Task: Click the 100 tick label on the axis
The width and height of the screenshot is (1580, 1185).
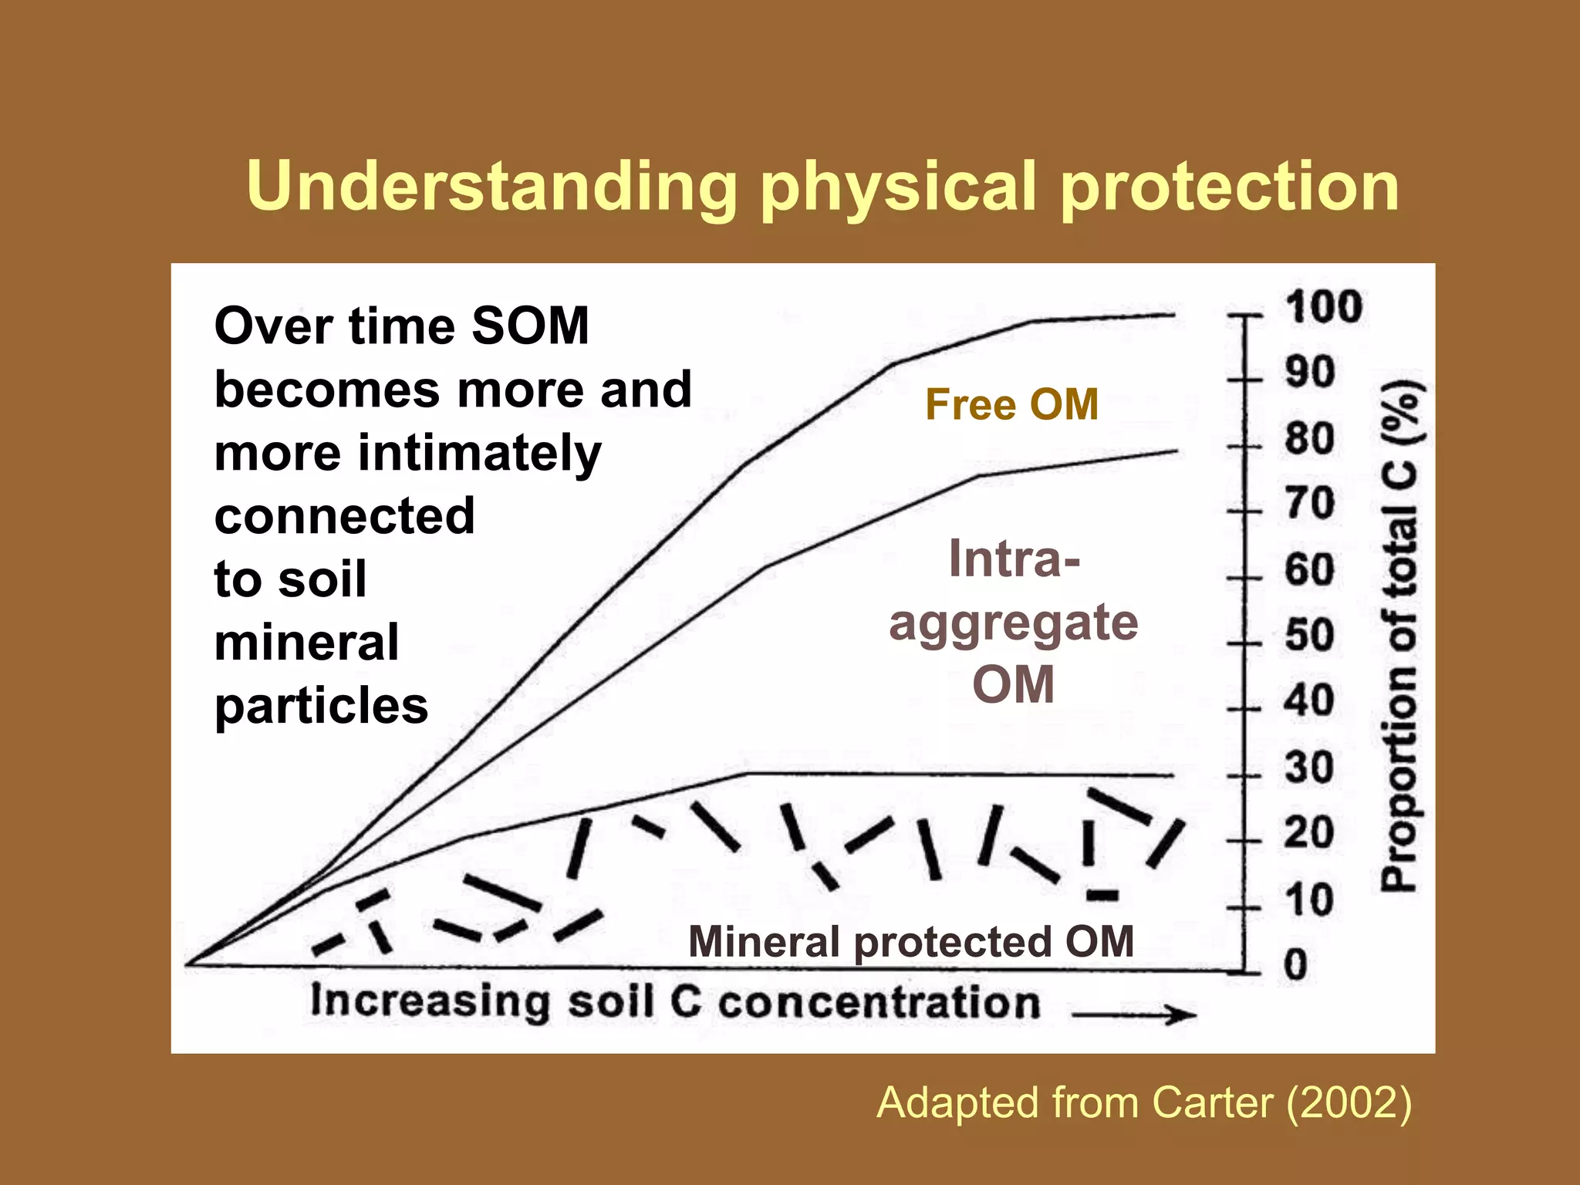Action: point(1323,307)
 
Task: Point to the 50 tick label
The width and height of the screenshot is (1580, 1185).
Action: point(1309,636)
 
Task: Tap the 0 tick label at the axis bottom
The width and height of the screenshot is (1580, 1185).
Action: point(1296,964)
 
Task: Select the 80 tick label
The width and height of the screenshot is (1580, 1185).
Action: point(1309,439)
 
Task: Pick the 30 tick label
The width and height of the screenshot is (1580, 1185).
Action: point(1309,768)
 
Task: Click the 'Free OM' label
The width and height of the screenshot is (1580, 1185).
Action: point(1011,405)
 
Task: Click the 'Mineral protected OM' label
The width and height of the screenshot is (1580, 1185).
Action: point(910,942)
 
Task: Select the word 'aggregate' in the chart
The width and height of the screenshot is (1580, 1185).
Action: point(1013,623)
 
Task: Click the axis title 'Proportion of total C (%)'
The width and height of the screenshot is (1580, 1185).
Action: point(1399,636)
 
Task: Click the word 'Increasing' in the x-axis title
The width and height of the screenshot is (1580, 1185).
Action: point(430,1001)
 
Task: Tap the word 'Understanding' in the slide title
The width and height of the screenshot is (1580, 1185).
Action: point(491,187)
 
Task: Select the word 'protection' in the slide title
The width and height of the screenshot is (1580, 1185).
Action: point(1229,187)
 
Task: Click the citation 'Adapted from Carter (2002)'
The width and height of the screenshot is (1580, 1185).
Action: point(1144,1102)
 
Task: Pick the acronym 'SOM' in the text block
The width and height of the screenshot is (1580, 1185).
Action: point(530,326)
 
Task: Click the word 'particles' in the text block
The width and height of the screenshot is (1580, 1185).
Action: point(321,705)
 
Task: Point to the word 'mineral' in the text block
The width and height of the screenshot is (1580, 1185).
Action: point(306,642)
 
